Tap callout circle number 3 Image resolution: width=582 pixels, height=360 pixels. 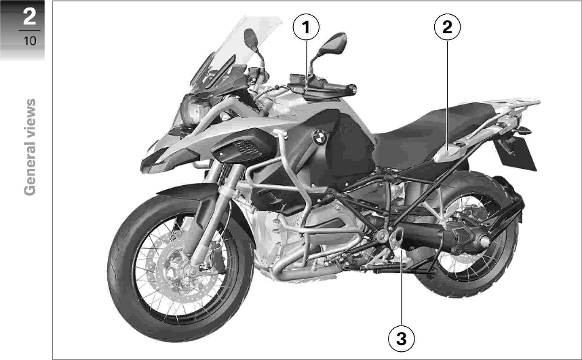[402, 338]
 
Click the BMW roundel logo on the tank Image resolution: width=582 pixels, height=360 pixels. [319, 137]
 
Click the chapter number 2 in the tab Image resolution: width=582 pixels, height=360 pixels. [29, 16]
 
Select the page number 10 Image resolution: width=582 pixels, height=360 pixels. [29, 41]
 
